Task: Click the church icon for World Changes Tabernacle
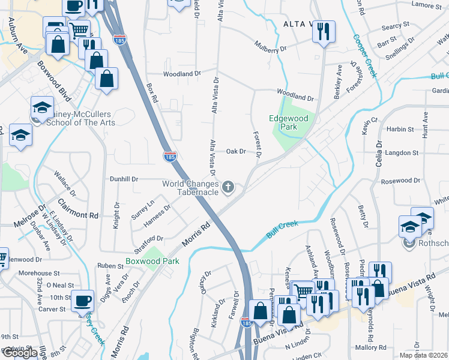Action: tap(228, 188)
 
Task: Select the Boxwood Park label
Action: tap(144, 262)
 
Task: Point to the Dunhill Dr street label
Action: tap(124, 179)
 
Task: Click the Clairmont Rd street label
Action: tap(78, 208)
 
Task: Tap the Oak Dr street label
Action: tap(236, 152)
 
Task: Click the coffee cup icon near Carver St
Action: tap(82, 301)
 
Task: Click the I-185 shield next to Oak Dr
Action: tap(170, 157)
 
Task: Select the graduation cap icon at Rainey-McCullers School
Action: tap(42, 108)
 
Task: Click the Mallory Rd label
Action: tap(370, 347)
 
